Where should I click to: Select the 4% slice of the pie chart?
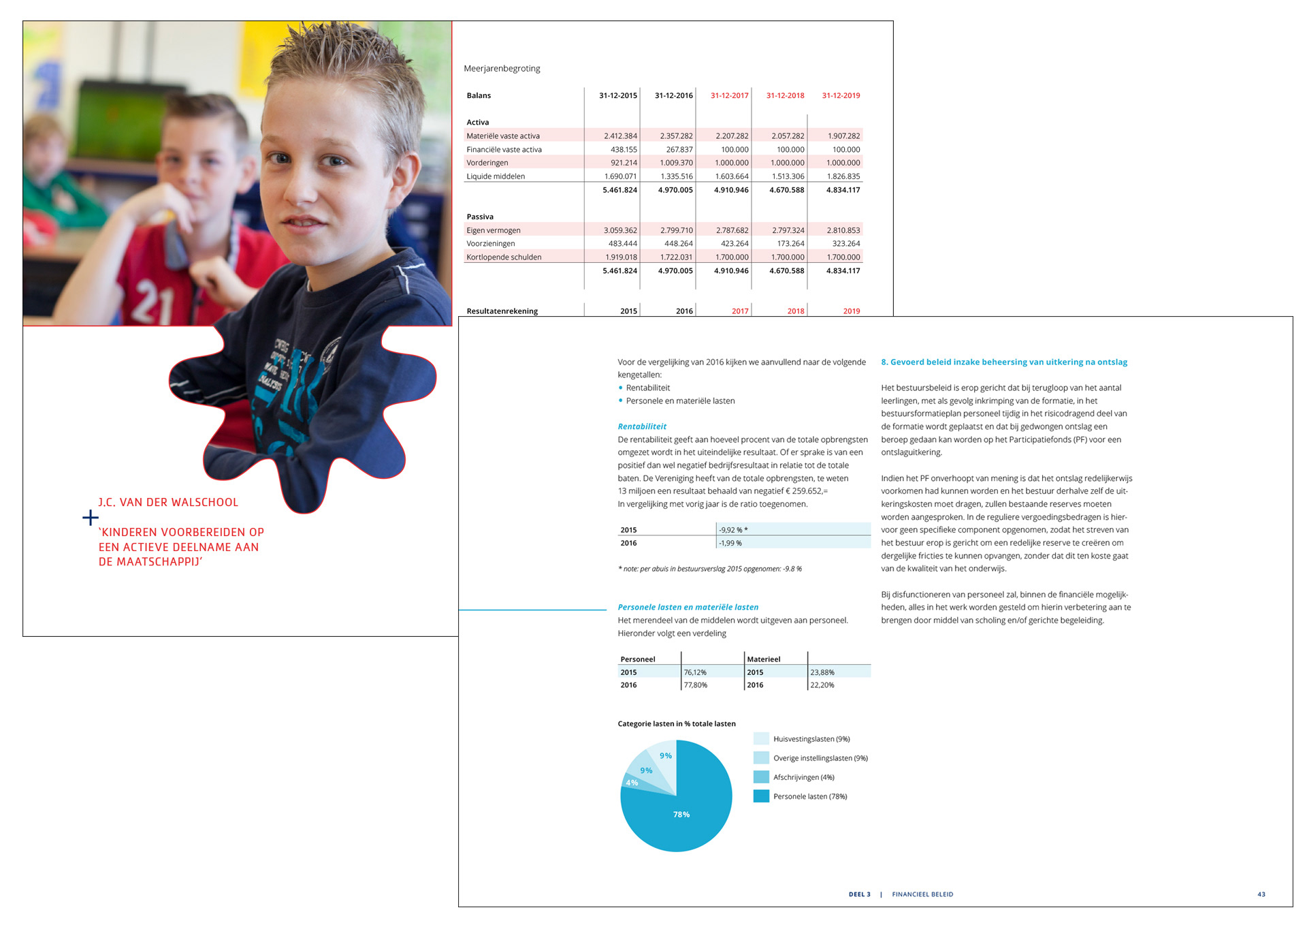[x=632, y=783]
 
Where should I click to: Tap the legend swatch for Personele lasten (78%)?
[x=761, y=796]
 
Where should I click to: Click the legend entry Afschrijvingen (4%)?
[x=803, y=777]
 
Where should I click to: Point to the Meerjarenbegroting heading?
[x=502, y=69]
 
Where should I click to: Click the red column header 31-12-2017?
[x=729, y=96]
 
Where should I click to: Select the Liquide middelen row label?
[x=496, y=176]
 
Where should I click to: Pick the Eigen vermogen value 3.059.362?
[x=620, y=230]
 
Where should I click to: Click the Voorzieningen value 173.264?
[x=788, y=244]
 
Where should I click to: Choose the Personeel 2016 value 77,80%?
[x=695, y=685]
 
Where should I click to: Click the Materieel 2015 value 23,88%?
[x=822, y=672]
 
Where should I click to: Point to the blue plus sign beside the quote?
[x=91, y=518]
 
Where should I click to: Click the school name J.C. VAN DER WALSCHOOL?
[x=168, y=503]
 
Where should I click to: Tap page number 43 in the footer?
[x=1261, y=894]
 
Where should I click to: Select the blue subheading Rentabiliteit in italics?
[x=642, y=426]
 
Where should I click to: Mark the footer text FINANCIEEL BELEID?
[x=922, y=894]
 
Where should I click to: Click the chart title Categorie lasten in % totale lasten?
[x=676, y=724]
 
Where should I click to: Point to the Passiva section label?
[x=480, y=217]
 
